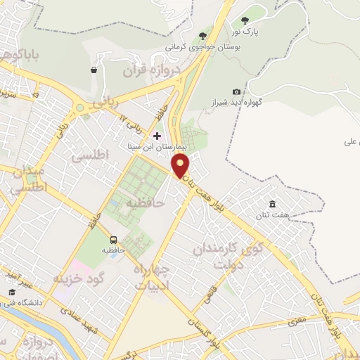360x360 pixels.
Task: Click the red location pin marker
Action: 181,167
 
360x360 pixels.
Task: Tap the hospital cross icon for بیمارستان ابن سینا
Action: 157,136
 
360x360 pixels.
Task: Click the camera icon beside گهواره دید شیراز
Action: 236,91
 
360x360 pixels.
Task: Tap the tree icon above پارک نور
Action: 245,21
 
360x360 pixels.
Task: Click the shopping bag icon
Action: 94,70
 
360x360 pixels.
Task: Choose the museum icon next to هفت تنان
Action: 272,204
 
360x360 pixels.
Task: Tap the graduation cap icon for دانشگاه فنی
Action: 11,292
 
